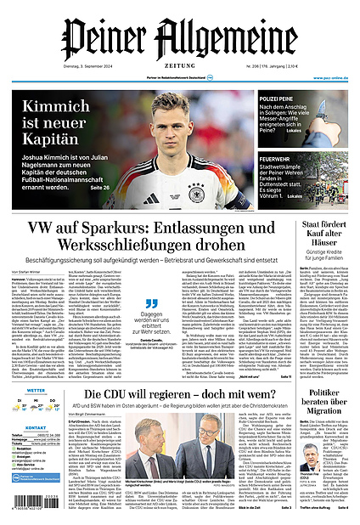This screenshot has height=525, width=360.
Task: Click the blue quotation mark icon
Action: point(152,303)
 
